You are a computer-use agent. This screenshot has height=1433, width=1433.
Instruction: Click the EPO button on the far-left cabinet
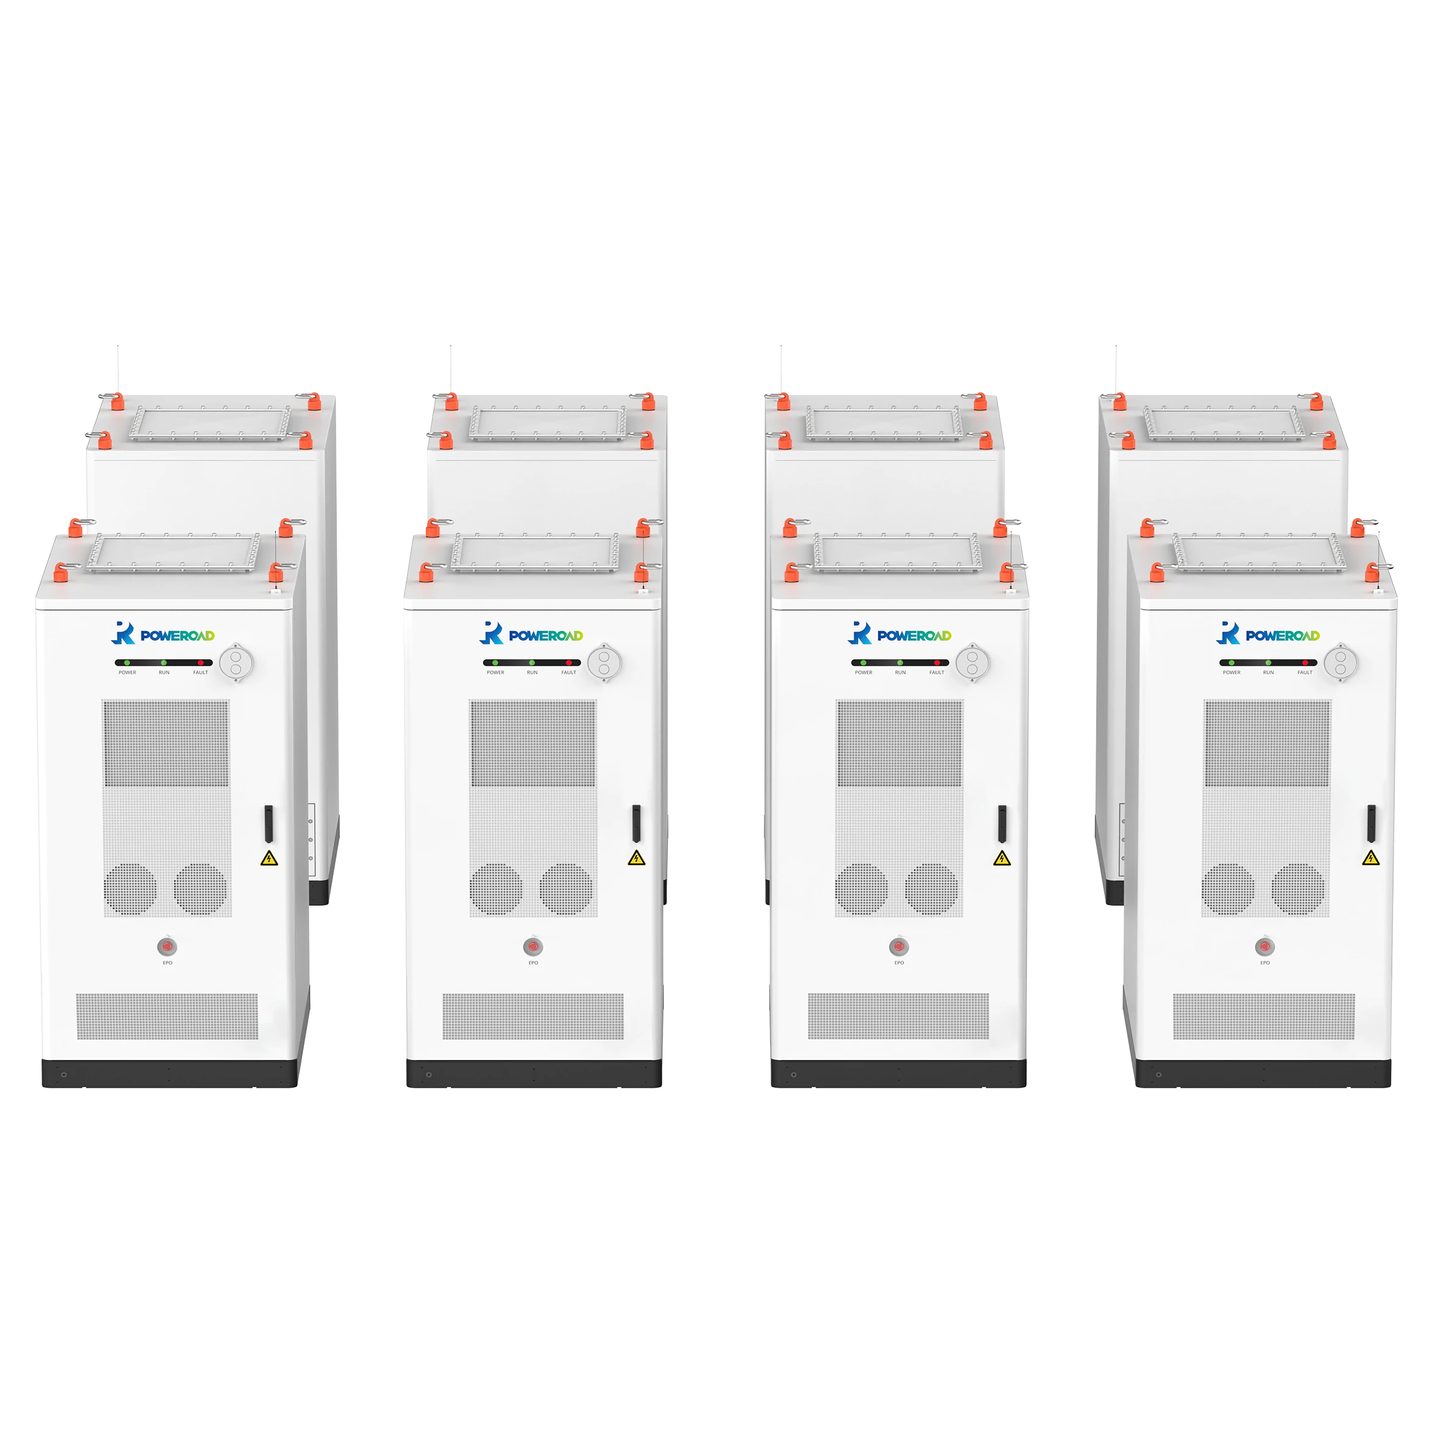[x=167, y=946]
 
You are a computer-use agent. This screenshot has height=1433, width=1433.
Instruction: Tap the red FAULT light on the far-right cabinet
[x=1304, y=663]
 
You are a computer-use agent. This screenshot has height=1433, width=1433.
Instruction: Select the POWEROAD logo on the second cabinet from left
[x=533, y=634]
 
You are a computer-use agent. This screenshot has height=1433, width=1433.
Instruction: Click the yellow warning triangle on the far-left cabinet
[x=269, y=858]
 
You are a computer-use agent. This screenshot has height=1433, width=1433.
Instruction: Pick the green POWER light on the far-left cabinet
[x=127, y=663]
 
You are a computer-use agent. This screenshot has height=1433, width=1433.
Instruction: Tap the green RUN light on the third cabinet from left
[x=900, y=663]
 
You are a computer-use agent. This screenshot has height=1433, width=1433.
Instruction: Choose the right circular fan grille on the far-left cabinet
[x=200, y=889]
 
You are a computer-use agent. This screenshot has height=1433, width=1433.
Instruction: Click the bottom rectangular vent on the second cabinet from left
[x=533, y=1016]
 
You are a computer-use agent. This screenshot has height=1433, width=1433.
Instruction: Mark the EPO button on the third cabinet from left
[x=899, y=946]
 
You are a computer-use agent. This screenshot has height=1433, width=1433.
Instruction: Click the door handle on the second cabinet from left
[x=636, y=823]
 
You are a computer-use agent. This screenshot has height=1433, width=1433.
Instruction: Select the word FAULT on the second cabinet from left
[x=568, y=673]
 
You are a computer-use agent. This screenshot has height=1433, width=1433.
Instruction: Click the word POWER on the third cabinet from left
[x=863, y=673]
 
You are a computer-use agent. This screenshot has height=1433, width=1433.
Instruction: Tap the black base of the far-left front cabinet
[x=170, y=1073]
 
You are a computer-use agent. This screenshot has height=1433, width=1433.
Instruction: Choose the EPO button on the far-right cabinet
[x=1264, y=946]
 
